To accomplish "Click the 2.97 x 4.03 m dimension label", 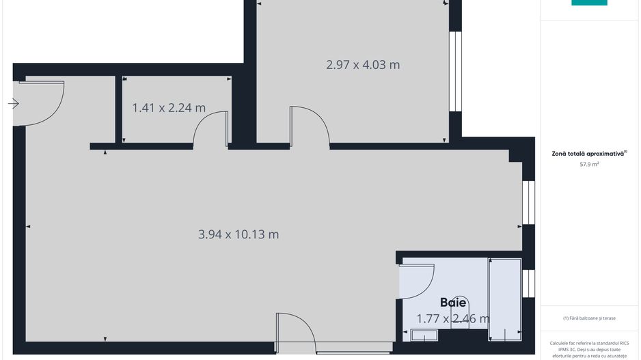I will click(363, 65).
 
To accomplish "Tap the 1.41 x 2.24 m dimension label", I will click(169, 107).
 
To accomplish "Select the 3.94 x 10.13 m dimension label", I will click(238, 234).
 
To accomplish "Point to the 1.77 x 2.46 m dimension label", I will click(453, 318).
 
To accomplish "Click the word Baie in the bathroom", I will click(453, 302).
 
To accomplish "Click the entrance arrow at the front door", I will click(14, 104).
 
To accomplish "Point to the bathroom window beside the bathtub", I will click(528, 283).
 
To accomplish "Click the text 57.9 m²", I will click(589, 165).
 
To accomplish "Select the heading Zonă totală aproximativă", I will click(588, 154).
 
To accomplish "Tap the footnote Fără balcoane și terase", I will click(589, 318).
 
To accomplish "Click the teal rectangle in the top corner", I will click(589, 3).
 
